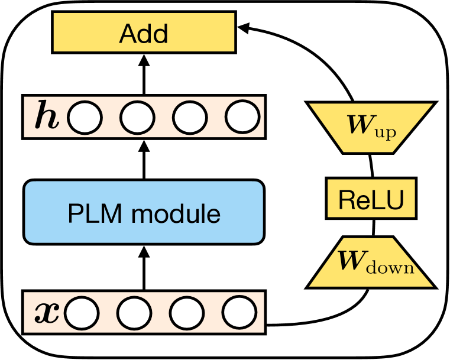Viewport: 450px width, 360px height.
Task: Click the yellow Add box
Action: pyautogui.click(x=144, y=32)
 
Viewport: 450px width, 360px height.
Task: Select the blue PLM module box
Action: pyautogui.click(x=144, y=212)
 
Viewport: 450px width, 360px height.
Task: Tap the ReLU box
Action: pyautogui.click(x=371, y=198)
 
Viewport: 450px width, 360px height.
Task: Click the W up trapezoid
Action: pyautogui.click(x=371, y=128)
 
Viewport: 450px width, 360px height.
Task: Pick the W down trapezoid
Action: pyautogui.click(x=371, y=262)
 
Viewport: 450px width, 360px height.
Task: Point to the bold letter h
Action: pyautogui.click(x=47, y=118)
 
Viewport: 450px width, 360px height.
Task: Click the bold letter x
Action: pyautogui.click(x=47, y=313)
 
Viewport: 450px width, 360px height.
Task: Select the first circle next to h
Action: pyautogui.click(x=85, y=118)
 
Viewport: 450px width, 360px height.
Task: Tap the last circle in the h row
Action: pyautogui.click(x=243, y=117)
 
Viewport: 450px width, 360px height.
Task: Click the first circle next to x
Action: pyautogui.click(x=82, y=313)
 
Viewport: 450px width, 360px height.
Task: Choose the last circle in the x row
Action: pyautogui.click(x=239, y=312)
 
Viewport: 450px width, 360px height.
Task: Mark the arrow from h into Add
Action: pyautogui.click(x=144, y=74)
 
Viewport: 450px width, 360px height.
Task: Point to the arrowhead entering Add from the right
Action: pyautogui.click(x=244, y=28)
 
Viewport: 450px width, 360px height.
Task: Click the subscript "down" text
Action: pyautogui.click(x=390, y=268)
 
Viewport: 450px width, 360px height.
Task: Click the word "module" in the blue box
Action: pyautogui.click(x=176, y=214)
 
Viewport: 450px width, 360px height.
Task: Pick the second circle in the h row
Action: pyautogui.click(x=137, y=117)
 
